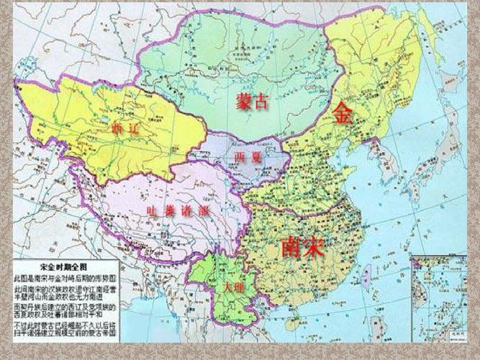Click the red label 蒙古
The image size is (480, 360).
251,102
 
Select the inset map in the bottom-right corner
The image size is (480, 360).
438,296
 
